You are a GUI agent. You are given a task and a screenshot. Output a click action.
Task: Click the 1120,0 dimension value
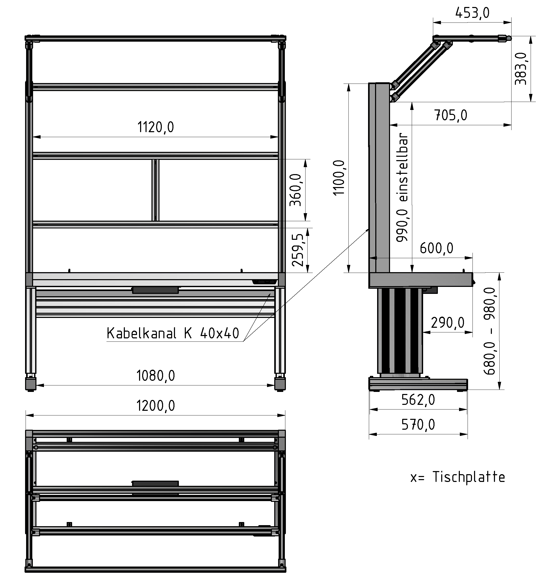click(x=155, y=128)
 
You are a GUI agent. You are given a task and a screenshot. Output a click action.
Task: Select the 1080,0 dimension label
click(x=155, y=376)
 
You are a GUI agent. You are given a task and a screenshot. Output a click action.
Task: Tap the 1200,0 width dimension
click(x=155, y=406)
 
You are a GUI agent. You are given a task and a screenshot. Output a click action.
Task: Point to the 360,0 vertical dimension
click(x=295, y=190)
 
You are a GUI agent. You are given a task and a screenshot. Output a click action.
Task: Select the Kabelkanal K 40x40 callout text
click(x=173, y=333)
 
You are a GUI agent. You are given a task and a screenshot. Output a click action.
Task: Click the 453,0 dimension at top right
click(x=472, y=13)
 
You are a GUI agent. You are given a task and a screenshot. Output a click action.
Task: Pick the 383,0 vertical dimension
click(x=521, y=69)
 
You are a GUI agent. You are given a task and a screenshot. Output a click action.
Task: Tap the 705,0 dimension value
click(x=451, y=115)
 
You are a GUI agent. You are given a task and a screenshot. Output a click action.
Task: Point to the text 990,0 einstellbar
click(x=402, y=188)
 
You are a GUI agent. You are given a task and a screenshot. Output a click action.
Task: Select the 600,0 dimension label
click(x=436, y=248)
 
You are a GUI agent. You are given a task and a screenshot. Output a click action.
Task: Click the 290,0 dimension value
click(x=447, y=323)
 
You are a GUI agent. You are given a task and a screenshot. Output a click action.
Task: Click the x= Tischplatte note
click(x=458, y=477)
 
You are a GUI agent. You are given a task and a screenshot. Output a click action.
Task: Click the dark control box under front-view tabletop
click(x=155, y=290)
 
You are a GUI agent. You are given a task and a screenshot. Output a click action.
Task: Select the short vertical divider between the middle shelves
click(x=155, y=190)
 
